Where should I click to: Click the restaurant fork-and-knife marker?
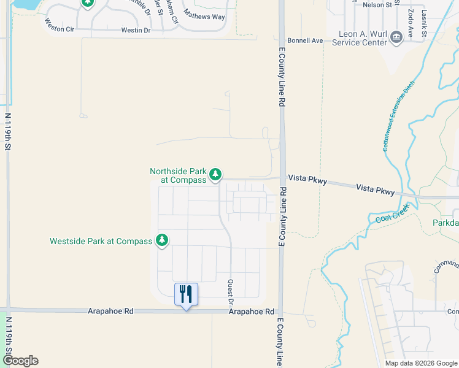tap(186, 294)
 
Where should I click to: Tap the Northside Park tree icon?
tap(215, 175)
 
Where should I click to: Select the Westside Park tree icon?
tap(162, 240)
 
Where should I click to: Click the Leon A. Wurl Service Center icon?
tap(396, 38)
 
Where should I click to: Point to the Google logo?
tap(20, 361)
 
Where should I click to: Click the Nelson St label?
tap(377, 5)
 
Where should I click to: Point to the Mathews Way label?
tap(206, 17)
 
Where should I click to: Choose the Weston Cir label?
tap(59, 25)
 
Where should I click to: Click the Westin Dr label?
tap(136, 29)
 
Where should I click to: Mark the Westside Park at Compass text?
tap(101, 241)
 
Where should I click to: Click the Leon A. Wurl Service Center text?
tap(360, 38)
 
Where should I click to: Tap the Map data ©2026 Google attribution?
tap(421, 363)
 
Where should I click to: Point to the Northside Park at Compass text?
tap(178, 175)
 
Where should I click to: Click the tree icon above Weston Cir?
tap(88, 3)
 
